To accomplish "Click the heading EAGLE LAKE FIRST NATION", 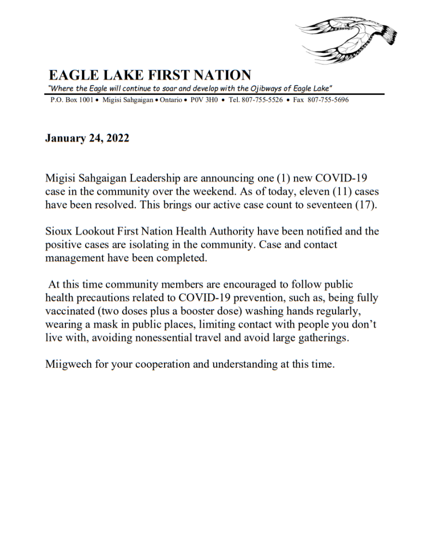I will click(x=150, y=75).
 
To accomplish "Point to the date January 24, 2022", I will click(x=87, y=138).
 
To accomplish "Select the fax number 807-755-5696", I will click(x=328, y=100).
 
